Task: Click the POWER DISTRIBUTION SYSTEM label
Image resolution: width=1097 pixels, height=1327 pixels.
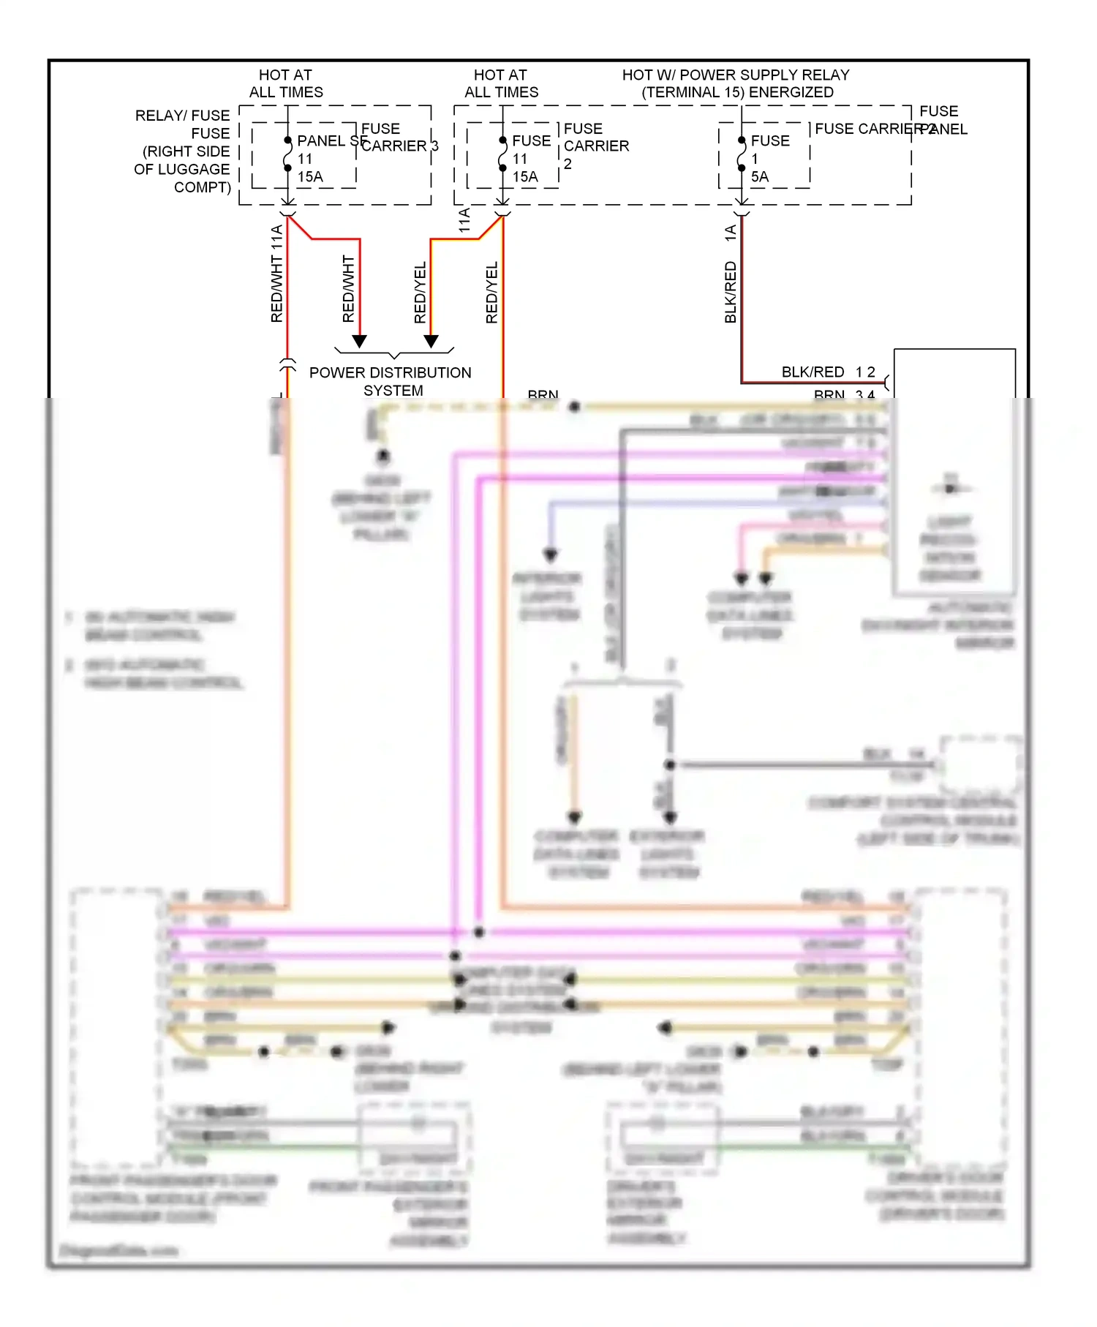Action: click(x=390, y=381)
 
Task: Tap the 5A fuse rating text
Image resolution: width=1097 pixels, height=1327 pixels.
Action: click(x=759, y=177)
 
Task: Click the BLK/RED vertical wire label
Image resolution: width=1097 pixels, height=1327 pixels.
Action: click(x=730, y=293)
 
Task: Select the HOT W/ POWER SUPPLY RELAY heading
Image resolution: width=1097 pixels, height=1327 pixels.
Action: click(x=736, y=83)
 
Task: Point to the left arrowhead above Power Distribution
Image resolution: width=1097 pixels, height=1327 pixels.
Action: click(x=359, y=341)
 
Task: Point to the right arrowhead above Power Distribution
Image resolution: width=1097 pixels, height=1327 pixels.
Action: click(x=431, y=341)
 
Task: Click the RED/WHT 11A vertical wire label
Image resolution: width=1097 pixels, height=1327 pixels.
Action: click(x=276, y=274)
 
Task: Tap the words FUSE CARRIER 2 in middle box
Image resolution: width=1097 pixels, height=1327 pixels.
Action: click(x=595, y=146)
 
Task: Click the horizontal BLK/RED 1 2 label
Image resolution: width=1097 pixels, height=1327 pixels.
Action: click(x=828, y=372)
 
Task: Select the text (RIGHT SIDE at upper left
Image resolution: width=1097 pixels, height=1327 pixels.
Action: click(x=186, y=151)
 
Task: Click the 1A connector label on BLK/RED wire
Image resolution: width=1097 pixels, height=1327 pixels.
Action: click(x=730, y=233)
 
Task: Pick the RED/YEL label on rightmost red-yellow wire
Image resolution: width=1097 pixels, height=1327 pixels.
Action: click(x=491, y=293)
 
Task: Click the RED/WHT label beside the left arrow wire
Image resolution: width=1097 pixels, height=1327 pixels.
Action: click(x=348, y=289)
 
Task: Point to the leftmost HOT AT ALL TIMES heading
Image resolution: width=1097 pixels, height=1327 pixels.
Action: click(x=286, y=83)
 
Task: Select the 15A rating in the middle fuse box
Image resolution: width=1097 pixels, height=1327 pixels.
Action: click(x=525, y=177)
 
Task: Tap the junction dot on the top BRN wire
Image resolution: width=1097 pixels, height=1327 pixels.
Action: click(x=575, y=407)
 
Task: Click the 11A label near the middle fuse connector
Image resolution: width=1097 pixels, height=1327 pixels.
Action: click(x=464, y=220)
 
